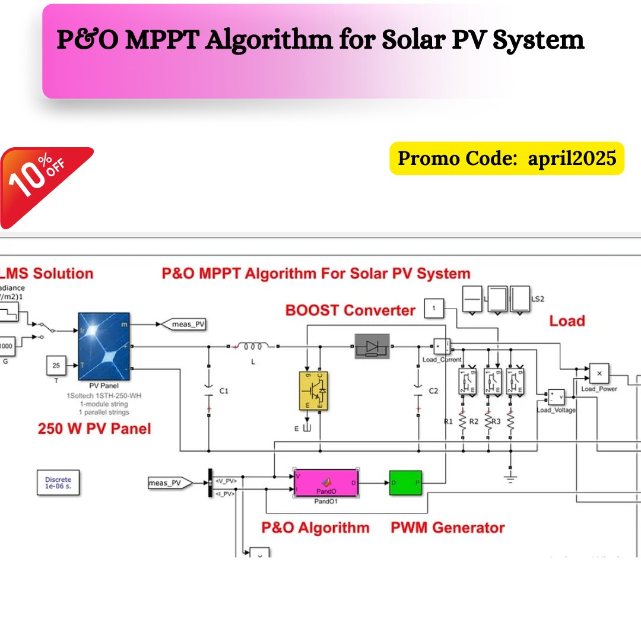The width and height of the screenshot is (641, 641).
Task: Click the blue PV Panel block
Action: coord(104,345)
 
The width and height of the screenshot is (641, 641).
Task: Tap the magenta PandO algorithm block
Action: coord(326,483)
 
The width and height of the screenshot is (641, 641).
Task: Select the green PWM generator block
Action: coord(405,483)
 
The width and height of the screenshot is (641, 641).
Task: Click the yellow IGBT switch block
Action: coord(313,391)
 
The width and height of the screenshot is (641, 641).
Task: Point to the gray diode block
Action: coord(372,345)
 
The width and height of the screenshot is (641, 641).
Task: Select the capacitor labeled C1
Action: coord(209,391)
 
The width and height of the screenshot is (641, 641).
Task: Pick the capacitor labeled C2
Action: coord(418,391)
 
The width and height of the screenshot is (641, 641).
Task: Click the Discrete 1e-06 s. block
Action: coord(58,483)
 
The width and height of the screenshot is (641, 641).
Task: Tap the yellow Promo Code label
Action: coord(507,158)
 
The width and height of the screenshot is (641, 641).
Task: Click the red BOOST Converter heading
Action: coord(350,310)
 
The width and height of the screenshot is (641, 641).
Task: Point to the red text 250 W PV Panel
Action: coord(94,429)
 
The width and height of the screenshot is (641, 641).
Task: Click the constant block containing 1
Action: coord(434,309)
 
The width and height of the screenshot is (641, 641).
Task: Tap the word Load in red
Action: coord(567,321)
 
